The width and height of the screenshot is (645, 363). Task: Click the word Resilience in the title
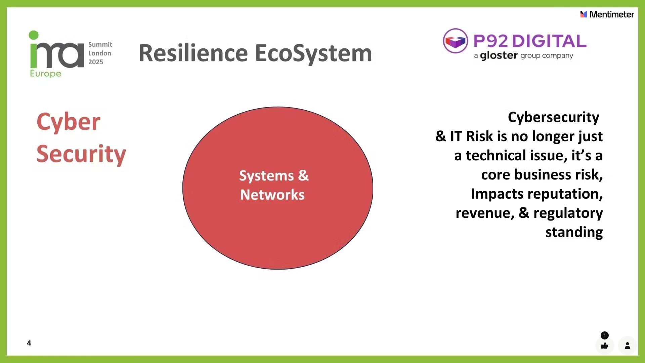click(193, 53)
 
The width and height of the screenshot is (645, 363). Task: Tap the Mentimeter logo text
click(611, 14)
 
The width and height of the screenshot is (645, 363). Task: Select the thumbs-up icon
click(605, 346)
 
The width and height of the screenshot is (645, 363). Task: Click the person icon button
click(627, 346)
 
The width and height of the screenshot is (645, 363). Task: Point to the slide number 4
click(29, 343)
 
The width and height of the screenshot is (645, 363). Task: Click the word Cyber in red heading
click(68, 122)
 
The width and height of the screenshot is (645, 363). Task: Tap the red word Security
click(81, 154)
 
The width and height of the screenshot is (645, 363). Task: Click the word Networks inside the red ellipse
click(272, 195)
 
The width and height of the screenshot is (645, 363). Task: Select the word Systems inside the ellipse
click(266, 176)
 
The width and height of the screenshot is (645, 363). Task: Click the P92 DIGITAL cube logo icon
click(455, 41)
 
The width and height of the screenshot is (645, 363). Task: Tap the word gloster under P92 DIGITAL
click(499, 55)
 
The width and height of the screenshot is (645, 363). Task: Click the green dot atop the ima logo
click(34, 35)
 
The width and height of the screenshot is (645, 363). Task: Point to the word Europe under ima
click(46, 74)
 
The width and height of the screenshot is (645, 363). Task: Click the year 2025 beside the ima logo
click(96, 62)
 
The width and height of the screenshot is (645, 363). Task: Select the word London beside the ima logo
click(99, 53)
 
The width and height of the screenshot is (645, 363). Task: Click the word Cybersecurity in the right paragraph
click(553, 117)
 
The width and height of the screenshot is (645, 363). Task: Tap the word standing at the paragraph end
click(574, 232)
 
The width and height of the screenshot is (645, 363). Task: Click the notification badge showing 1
click(604, 335)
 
